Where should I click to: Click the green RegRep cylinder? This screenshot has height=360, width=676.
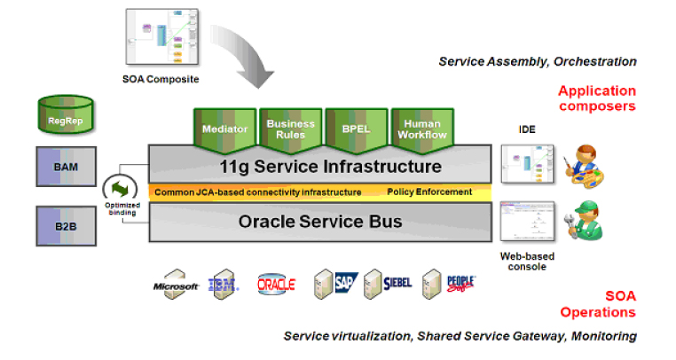pos(65,112)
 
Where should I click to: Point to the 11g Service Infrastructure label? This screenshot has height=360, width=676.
pos(319,166)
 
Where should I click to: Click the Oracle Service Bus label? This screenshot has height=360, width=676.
pos(319,221)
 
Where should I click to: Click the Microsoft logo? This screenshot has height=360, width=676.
pos(175,284)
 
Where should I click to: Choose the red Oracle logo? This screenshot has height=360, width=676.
pos(276,284)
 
